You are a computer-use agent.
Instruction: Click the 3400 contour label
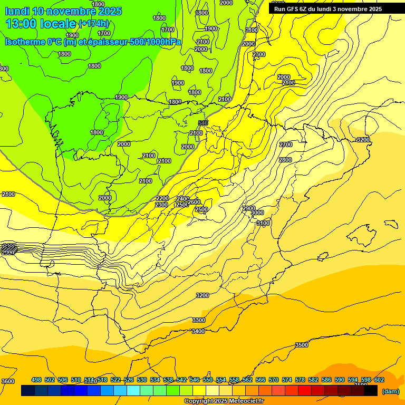coord(198,331)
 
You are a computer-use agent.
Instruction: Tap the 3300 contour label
coord(198,320)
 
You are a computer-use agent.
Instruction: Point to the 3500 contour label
coord(301,345)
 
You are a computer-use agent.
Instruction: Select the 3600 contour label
coord(8,381)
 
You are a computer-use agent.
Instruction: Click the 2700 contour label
coord(286,144)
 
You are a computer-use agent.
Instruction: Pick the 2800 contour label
coord(285,160)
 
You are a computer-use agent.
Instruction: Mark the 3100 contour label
coord(263,223)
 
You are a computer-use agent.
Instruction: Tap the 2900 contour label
coord(249,208)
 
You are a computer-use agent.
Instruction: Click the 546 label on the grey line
coord(203,123)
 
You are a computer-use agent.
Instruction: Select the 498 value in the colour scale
coord(36,380)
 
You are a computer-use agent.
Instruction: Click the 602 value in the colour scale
coord(379,380)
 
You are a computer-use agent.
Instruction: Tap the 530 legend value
coord(142,380)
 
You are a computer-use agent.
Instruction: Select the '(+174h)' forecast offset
coord(93,23)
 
